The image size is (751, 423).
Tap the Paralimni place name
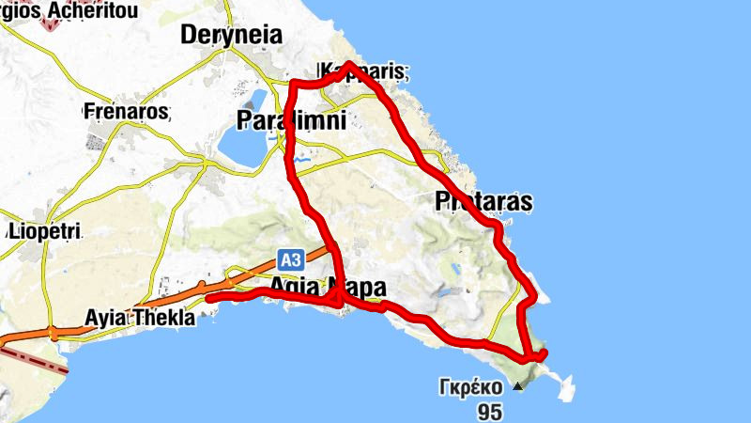tap(291, 120)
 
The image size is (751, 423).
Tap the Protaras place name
tap(483, 201)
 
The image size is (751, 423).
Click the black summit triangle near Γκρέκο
tap(518, 385)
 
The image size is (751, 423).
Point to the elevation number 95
tap(489, 411)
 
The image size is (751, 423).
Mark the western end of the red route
tap(208, 298)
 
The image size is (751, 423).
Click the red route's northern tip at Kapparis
tap(348, 64)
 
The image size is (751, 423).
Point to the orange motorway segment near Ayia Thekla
tap(113, 318)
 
